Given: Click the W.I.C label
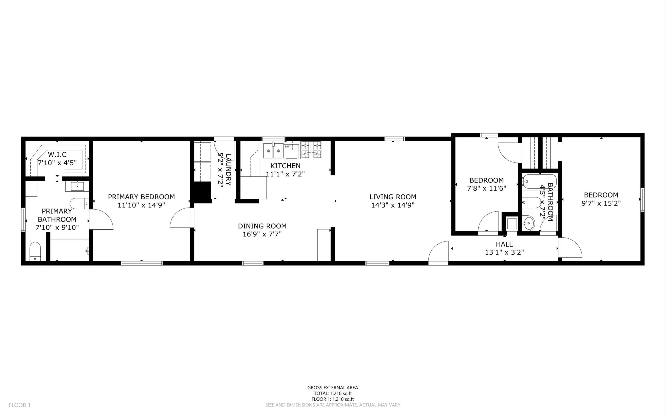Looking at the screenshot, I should coord(57,154).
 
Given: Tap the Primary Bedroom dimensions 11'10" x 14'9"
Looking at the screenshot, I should coord(141,205).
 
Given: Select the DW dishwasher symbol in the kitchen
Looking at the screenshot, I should coord(287,147).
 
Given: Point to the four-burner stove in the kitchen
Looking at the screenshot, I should coord(311,150).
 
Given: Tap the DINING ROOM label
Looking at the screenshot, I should coord(262,226).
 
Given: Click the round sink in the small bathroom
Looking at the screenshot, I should coord(528,223).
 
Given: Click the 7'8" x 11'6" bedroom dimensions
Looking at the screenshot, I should coord(486,189).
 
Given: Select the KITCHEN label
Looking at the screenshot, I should coord(285,166).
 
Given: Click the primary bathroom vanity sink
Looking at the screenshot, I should coord(77,186).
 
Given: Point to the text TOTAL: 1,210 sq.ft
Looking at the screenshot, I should coord(333,393).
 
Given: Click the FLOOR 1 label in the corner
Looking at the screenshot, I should coord(20,405).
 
